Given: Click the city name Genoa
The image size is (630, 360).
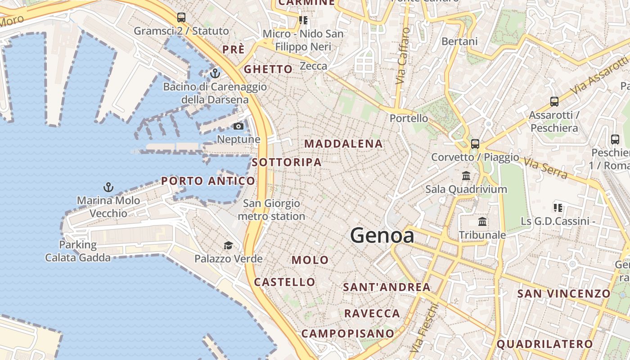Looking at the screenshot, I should click(x=382, y=235).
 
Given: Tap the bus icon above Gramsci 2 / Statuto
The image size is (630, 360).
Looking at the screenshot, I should click(x=181, y=18).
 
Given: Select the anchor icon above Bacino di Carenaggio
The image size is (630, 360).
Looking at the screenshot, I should click(x=215, y=73).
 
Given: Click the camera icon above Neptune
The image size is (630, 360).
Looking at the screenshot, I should click(x=238, y=126).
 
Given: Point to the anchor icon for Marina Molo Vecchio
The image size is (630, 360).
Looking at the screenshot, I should click(x=108, y=187).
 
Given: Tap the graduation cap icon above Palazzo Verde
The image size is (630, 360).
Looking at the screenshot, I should click(x=229, y=245).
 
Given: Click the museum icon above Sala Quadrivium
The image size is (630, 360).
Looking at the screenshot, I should click(x=466, y=175).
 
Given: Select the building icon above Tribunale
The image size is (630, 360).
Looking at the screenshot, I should click(x=482, y=221).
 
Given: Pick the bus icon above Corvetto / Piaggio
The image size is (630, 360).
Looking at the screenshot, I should click(x=475, y=144).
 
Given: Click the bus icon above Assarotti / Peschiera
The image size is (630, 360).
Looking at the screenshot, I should click(x=554, y=102).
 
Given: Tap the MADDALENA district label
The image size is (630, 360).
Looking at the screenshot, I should click(x=344, y=144).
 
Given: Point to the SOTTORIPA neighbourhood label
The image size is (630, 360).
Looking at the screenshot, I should click(x=287, y=162).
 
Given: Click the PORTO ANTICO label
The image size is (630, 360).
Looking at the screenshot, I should click(x=208, y=181).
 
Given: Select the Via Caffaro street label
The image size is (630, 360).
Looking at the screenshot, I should click(x=403, y=56).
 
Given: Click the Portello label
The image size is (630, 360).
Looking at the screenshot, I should click(x=409, y=118).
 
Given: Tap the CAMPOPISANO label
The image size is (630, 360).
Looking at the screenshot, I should click(x=347, y=333).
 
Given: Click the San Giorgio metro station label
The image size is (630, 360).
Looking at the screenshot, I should click(x=271, y=210).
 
